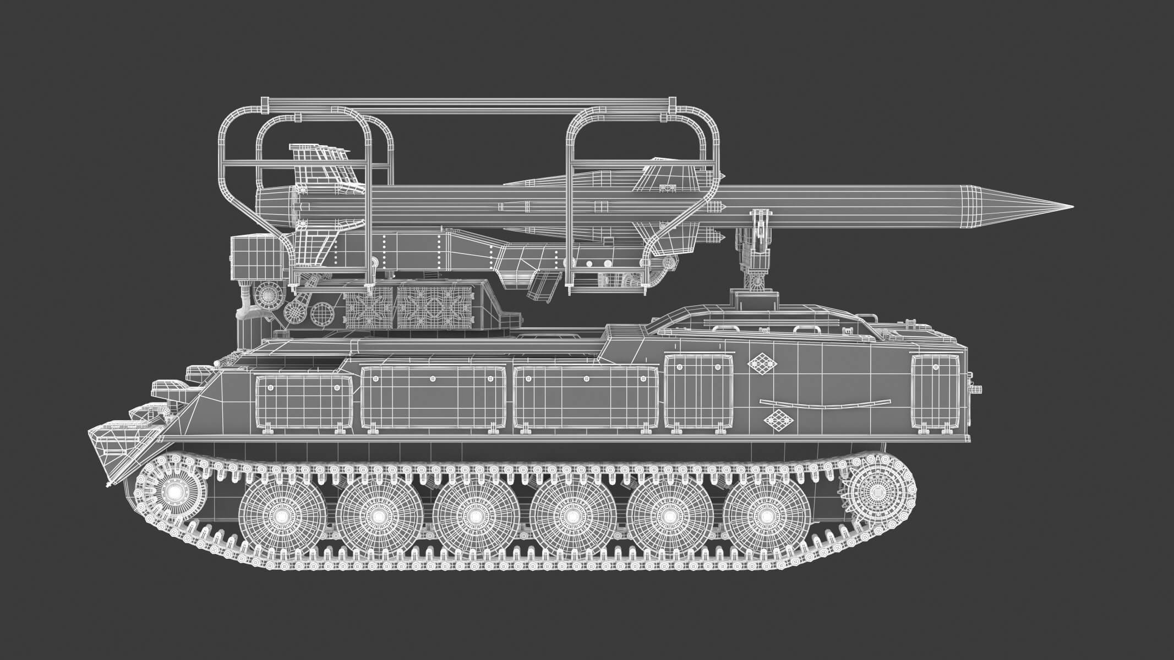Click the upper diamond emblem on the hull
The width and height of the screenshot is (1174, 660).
tap(762, 364)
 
